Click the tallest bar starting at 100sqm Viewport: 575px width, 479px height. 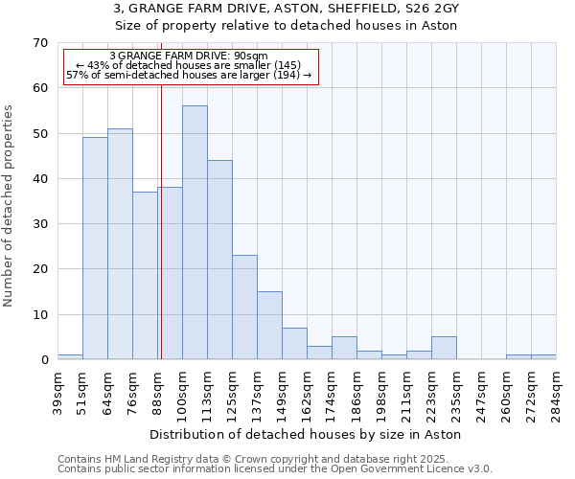(x=195, y=233)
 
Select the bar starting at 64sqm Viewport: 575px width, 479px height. (x=120, y=244)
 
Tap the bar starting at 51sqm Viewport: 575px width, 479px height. (x=95, y=248)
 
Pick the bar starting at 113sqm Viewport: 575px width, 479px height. (x=219, y=260)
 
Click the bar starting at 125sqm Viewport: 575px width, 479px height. (x=244, y=308)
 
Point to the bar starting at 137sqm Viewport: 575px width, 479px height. (x=269, y=326)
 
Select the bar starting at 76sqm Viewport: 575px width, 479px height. (x=145, y=276)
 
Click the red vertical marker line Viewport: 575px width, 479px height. (x=161, y=220)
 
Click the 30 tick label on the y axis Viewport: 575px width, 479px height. (x=39, y=224)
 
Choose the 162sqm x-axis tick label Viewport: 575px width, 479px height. (x=307, y=392)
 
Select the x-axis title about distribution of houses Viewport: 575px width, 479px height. (x=306, y=435)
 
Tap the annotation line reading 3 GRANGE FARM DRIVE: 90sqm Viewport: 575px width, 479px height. (x=189, y=57)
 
